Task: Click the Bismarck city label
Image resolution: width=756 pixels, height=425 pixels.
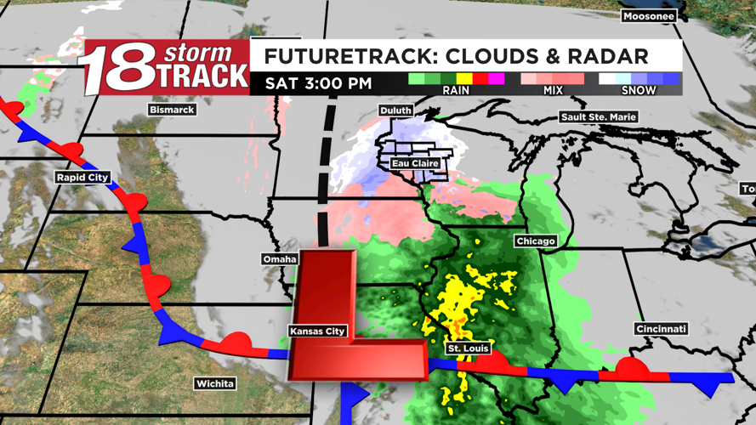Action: click(x=172, y=110)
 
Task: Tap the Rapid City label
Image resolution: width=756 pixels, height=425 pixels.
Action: click(x=82, y=177)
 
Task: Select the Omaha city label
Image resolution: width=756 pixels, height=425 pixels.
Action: click(x=280, y=258)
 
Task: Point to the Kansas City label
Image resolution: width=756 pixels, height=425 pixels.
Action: click(x=317, y=331)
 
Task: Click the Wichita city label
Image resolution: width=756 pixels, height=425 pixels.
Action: click(x=214, y=383)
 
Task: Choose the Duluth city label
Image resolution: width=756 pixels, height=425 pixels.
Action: click(x=395, y=110)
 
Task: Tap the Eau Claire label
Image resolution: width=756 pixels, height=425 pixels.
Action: click(x=414, y=163)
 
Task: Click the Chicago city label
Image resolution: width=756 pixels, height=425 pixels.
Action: click(x=535, y=241)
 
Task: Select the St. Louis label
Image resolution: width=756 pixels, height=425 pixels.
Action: click(x=468, y=348)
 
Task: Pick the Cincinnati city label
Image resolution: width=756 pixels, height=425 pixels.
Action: click(x=660, y=329)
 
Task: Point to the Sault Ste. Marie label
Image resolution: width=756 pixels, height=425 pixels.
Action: click(x=598, y=116)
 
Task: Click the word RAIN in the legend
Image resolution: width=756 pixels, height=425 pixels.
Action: click(x=456, y=90)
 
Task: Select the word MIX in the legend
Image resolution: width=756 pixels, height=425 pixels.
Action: click(x=554, y=90)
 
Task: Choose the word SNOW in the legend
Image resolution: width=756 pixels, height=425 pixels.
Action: click(x=638, y=90)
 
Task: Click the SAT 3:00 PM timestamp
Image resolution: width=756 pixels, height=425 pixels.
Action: click(x=318, y=83)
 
